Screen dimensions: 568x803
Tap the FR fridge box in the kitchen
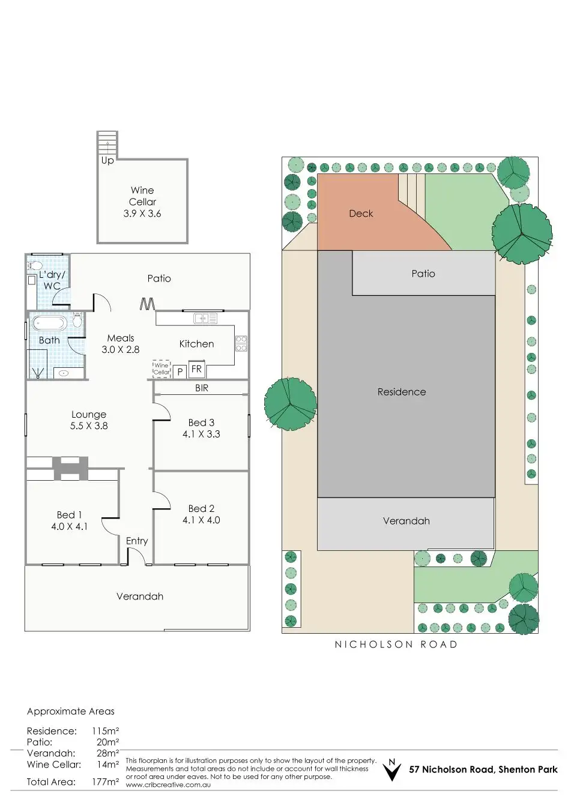point(196,369)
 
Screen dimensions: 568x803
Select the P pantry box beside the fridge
point(180,372)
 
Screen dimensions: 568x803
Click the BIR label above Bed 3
point(202,388)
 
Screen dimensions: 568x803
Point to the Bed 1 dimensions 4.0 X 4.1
point(69,526)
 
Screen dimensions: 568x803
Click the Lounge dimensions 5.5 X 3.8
point(89,426)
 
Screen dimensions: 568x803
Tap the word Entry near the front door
point(137,541)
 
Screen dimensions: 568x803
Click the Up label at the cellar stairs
point(107,160)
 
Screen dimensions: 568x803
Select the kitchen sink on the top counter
point(205,318)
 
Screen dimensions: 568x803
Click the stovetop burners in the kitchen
point(241,343)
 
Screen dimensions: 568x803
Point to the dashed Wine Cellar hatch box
point(162,368)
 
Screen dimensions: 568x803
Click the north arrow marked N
point(392,769)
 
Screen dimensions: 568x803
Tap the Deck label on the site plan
point(361,214)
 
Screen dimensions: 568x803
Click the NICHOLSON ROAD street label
point(396,645)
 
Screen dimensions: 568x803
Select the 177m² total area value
point(106,782)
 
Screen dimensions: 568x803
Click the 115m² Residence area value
point(106,731)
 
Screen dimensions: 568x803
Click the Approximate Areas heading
point(70,711)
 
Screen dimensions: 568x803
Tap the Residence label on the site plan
point(402,392)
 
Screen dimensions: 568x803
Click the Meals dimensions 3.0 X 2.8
point(121,349)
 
